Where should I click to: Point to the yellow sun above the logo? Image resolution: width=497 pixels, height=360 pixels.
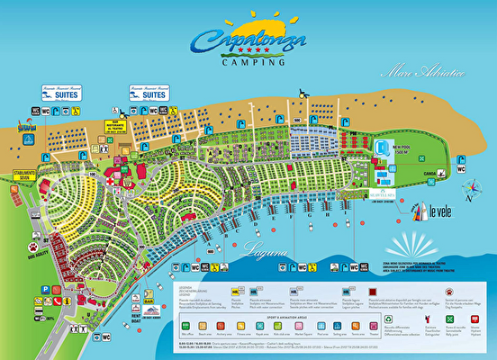(x=249, y=21)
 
